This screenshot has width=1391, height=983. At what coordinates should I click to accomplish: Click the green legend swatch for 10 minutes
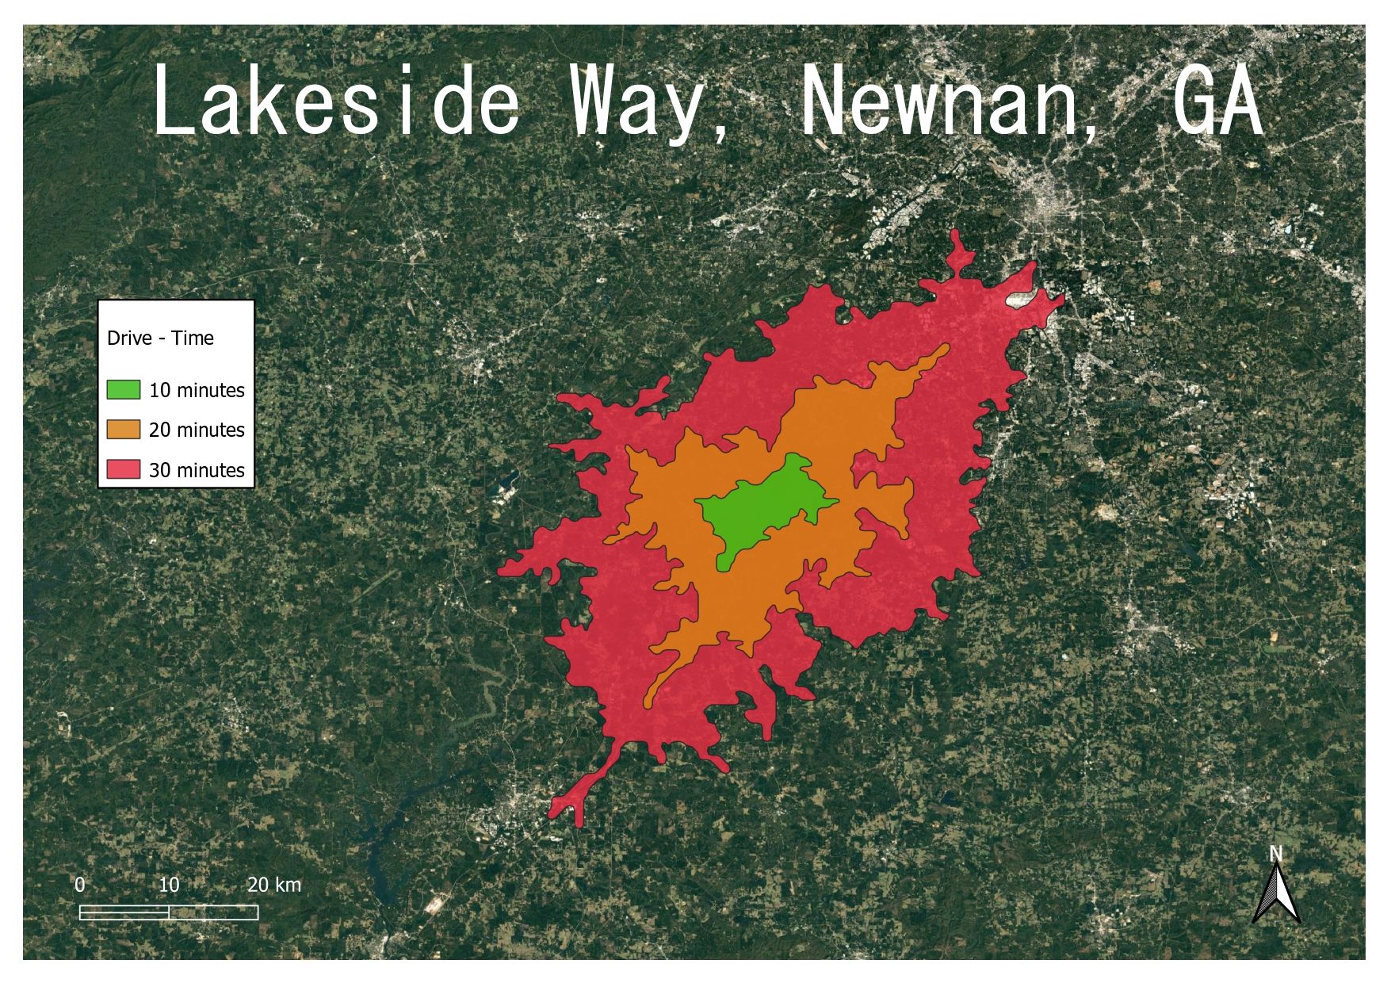(123, 389)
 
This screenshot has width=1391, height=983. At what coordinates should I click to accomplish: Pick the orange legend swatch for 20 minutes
(123, 429)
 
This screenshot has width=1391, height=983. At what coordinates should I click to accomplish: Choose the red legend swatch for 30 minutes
(123, 469)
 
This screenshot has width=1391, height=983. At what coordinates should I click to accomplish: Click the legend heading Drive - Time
(160, 339)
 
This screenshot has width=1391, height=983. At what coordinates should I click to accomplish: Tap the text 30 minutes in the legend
(197, 470)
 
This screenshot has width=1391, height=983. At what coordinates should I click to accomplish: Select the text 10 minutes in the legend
(197, 390)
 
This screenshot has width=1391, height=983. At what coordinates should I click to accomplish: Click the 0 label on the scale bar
(80, 885)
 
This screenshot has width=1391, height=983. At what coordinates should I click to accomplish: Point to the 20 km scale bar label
(273, 885)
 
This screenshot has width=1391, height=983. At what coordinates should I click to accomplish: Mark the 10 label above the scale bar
(169, 885)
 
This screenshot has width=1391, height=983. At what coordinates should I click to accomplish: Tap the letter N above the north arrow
(1275, 854)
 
